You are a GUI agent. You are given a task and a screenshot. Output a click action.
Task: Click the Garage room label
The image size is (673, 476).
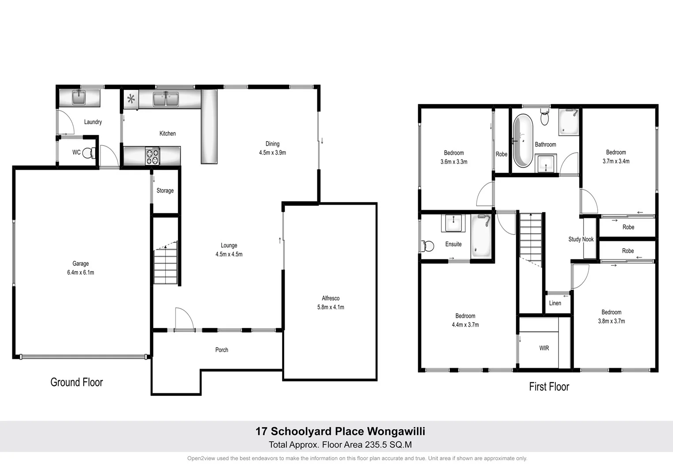pyautogui.click(x=80, y=264)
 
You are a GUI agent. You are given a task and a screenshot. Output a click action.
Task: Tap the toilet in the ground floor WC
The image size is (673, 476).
pyautogui.click(x=89, y=153)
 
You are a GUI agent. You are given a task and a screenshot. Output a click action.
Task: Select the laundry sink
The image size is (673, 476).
pyautogui.click(x=79, y=97)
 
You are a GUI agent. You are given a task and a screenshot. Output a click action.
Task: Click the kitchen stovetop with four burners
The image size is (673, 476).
pyautogui.click(x=152, y=156)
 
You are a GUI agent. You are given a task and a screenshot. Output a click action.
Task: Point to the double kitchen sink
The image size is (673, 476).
pyautogui.click(x=166, y=99)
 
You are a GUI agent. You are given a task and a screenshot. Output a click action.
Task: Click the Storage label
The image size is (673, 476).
pyautogui.click(x=165, y=191)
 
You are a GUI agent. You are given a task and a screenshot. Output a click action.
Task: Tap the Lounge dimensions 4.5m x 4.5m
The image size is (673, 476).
pyautogui.click(x=229, y=254)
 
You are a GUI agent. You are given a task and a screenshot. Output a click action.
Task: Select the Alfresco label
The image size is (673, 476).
pyautogui.click(x=331, y=298)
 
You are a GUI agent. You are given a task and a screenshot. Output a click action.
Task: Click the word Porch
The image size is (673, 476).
pyautogui.click(x=222, y=350)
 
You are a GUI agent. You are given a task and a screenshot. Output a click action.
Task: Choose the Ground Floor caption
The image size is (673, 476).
pyautogui.click(x=77, y=382)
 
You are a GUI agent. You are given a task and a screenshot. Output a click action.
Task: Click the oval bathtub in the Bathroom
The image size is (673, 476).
pyautogui.click(x=523, y=140)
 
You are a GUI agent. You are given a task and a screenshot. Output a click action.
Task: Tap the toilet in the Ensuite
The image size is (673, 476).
pyautogui.click(x=427, y=245)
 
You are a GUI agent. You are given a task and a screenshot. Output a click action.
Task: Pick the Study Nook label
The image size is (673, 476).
pyautogui.click(x=581, y=239)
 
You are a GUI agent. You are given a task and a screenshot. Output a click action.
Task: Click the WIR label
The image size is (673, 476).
pyautogui.click(x=544, y=348)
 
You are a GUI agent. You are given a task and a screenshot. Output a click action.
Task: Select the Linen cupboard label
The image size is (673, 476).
pyautogui.click(x=555, y=303)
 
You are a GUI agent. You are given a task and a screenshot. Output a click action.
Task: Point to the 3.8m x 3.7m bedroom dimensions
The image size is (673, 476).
pyautogui.click(x=611, y=321)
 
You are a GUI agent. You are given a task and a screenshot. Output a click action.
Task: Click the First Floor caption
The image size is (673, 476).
pyautogui.click(x=549, y=387)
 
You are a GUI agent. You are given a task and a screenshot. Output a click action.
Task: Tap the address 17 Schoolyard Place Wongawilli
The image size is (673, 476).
pyautogui.click(x=340, y=431)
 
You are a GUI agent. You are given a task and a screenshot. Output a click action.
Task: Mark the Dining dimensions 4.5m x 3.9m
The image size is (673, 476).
pyautogui.click(x=272, y=153)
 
